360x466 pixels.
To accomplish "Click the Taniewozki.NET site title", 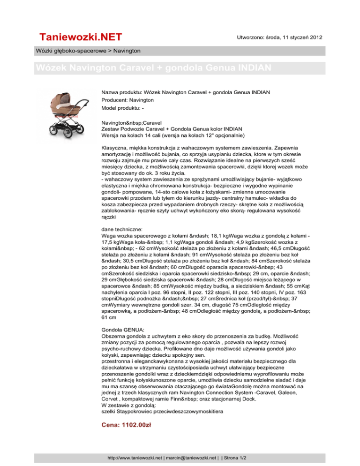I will [80, 37].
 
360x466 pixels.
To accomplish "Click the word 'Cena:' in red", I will [112, 425].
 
